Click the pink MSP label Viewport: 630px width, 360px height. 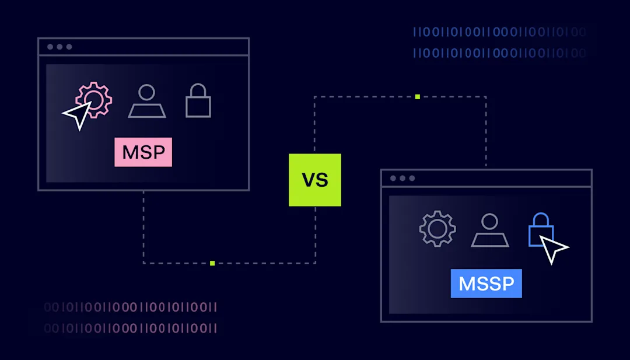(143, 152)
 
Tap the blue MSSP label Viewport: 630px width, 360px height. (486, 284)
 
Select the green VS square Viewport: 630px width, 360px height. (314, 180)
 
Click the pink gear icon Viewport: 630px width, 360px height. (94, 100)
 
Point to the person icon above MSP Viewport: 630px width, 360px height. (147, 102)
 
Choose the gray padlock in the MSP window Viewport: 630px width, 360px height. (198, 102)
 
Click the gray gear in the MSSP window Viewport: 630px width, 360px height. (437, 229)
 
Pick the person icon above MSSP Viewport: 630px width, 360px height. (490, 230)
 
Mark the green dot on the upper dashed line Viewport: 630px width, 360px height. (418, 96)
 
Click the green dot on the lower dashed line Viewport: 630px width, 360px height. (212, 263)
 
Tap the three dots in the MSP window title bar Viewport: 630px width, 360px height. (60, 47)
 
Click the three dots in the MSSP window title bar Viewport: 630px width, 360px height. (402, 178)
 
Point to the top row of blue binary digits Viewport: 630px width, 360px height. (499, 32)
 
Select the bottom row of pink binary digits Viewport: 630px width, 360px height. (131, 328)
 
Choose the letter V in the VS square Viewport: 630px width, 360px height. (309, 180)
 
